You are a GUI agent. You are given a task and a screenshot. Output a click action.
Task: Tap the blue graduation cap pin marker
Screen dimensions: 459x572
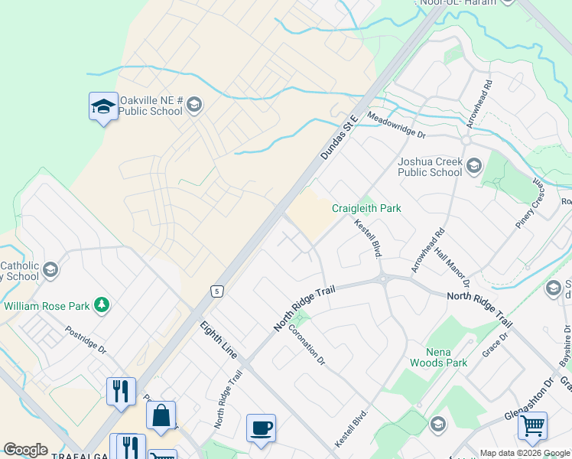tap(102, 106)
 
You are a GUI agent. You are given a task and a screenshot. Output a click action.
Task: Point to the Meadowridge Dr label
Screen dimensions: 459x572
tap(396, 125)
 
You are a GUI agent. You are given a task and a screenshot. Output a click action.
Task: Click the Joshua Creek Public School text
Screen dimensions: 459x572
tap(430, 167)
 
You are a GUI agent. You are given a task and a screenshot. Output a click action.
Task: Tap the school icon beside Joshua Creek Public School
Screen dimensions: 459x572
tap(474, 166)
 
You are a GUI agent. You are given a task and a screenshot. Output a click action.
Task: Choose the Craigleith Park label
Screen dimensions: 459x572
tap(366, 208)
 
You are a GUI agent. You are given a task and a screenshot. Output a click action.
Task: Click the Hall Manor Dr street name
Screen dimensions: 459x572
tap(451, 262)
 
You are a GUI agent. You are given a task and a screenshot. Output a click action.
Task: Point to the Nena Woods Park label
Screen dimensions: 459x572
tap(437, 357)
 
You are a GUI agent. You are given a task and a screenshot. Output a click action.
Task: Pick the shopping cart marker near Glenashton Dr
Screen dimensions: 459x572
tap(532, 425)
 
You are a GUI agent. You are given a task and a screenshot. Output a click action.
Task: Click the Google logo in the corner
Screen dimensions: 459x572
tap(25, 450)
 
